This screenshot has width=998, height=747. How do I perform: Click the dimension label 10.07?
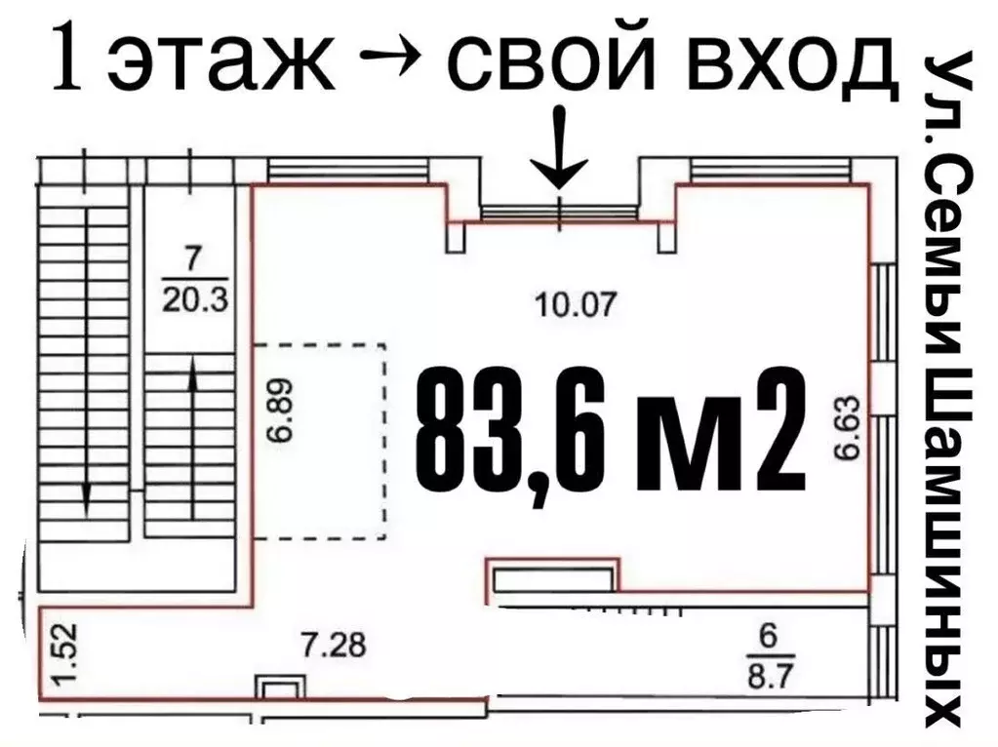[x=577, y=306]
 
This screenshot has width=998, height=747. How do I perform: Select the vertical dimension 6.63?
[x=847, y=426]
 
